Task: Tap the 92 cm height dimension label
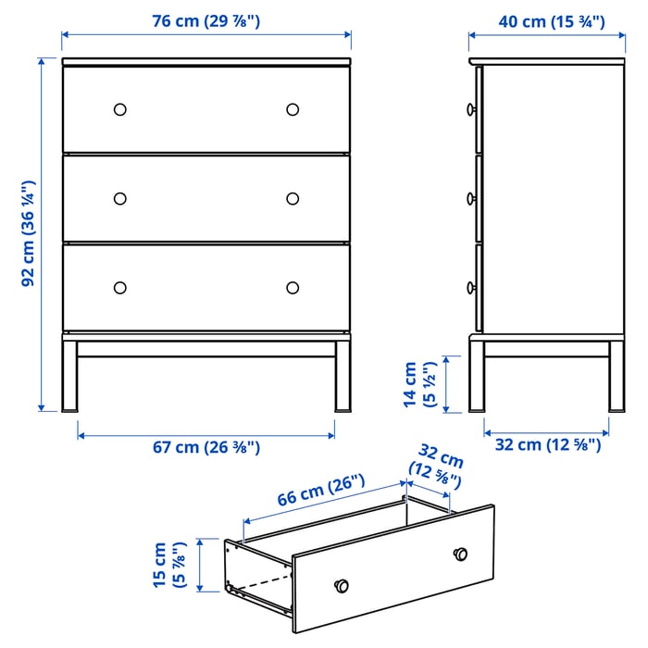[x=29, y=232]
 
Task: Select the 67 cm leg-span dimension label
[x=206, y=448]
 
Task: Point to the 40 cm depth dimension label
[x=536, y=21]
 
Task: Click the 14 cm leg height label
[x=417, y=385]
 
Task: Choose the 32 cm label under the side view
[x=545, y=445]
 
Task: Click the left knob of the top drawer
[x=119, y=109]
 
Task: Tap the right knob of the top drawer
[x=293, y=109]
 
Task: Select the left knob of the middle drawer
[x=119, y=198]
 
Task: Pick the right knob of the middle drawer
[x=293, y=198]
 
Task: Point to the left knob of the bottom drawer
[x=119, y=287]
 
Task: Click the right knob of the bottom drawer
[x=293, y=287]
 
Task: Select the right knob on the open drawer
[x=460, y=554]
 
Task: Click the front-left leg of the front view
[x=69, y=375]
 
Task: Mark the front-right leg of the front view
[x=343, y=375]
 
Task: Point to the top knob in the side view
[x=472, y=109]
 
